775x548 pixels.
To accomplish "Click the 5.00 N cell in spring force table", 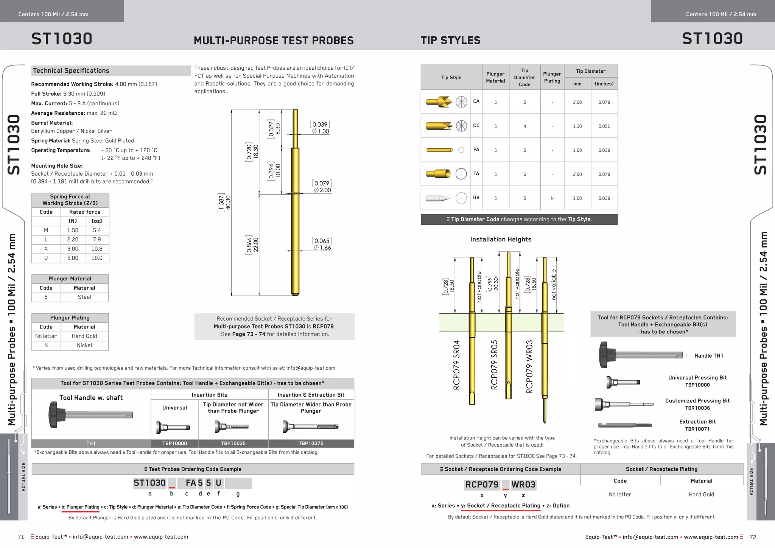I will [x=73, y=258].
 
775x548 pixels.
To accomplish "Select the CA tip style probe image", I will [x=439, y=102].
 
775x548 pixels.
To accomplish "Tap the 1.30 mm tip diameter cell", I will [x=577, y=126].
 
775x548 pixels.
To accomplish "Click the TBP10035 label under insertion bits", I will [x=233, y=443].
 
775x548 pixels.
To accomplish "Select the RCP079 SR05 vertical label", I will [x=494, y=365].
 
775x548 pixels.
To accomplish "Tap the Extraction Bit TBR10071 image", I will [x=625, y=425].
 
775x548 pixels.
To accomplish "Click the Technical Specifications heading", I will [x=71, y=71].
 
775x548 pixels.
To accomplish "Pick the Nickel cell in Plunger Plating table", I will [x=84, y=346].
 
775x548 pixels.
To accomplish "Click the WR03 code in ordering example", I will [x=523, y=485].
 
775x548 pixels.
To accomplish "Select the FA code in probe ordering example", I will [x=191, y=483].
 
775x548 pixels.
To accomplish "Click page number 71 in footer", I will [x=21, y=537].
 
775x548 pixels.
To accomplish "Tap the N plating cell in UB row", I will [x=552, y=198].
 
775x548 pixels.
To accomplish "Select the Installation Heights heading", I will [x=501, y=240].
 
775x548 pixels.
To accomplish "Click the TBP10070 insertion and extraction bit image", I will [x=311, y=427].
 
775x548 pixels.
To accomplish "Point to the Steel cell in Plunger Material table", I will [x=84, y=297].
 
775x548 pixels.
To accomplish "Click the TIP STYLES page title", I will [x=450, y=40].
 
